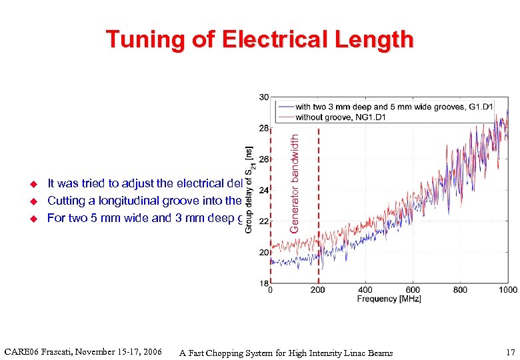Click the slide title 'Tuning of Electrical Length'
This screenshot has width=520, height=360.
(259, 40)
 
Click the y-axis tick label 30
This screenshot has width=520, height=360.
(263, 97)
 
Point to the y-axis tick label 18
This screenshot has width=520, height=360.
(263, 283)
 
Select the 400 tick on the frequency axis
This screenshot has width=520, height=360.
(365, 290)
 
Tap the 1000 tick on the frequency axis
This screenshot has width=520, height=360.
(508, 290)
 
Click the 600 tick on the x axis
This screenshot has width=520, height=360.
(413, 290)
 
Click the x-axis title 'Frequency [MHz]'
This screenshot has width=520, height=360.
(389, 299)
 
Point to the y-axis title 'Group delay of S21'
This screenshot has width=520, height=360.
(249, 189)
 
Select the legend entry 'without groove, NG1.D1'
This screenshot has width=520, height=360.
(341, 117)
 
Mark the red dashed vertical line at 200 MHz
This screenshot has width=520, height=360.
(318, 200)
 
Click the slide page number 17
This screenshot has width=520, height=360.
(510, 352)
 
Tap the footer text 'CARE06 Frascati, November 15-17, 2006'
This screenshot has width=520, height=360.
(83, 351)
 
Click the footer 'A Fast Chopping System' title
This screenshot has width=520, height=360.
(286, 353)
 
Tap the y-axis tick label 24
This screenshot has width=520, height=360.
(263, 190)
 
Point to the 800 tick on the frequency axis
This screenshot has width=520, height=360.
(461, 290)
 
